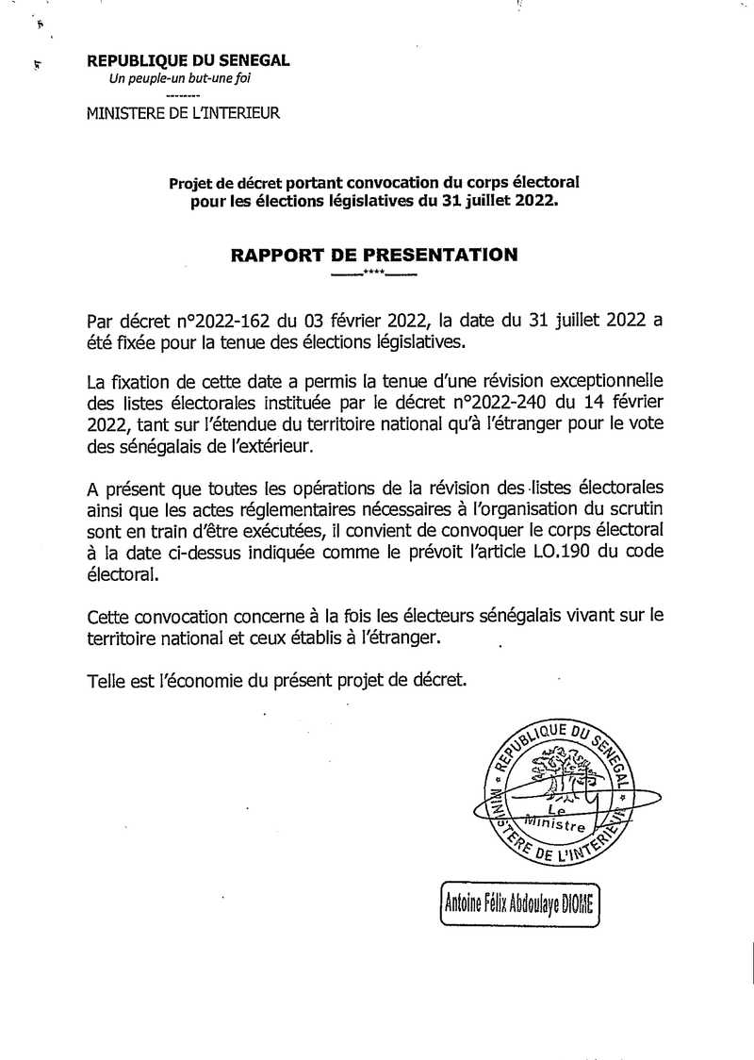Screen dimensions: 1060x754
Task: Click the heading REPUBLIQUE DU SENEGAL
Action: pos(188,60)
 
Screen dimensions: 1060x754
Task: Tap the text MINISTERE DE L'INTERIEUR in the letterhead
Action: pos(183,114)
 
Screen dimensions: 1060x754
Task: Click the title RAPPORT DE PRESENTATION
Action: pos(374,255)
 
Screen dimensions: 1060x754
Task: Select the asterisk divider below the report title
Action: pos(374,274)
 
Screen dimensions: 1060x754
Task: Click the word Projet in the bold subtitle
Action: pos(192,184)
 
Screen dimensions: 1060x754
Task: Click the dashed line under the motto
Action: pos(182,97)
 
